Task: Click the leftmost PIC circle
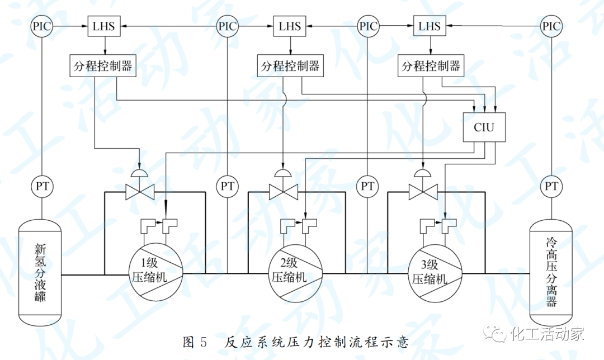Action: click(41, 26)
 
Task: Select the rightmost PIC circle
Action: click(551, 26)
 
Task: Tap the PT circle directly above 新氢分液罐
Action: click(41, 186)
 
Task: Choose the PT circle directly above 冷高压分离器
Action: click(551, 186)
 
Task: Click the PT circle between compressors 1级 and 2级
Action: click(226, 186)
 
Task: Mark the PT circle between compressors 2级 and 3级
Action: click(367, 186)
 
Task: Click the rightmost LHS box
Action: click(430, 26)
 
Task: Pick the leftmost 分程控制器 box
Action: click(102, 66)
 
